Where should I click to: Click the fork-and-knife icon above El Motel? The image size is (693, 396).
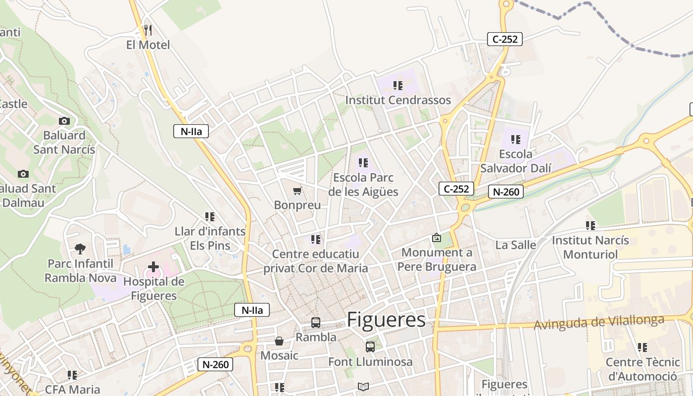[148, 30]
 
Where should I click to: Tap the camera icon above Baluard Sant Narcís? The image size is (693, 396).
[64, 121]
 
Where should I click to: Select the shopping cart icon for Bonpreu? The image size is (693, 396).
[297, 191]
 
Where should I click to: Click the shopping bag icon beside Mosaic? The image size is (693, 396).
[279, 341]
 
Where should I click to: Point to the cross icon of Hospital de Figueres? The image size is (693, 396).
[153, 267]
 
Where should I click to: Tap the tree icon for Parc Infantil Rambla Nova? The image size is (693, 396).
[80, 248]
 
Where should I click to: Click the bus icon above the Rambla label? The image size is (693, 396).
[316, 323]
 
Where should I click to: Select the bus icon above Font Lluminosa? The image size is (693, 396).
[370, 346]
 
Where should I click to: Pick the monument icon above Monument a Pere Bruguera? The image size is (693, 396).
[437, 238]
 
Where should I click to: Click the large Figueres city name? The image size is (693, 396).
[386, 320]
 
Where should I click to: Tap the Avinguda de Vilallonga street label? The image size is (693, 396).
[599, 323]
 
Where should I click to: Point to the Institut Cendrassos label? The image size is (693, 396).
[398, 100]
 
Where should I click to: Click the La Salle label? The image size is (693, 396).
[516, 245]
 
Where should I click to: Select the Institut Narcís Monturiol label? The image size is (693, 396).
[591, 247]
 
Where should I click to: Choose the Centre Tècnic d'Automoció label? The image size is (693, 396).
[643, 369]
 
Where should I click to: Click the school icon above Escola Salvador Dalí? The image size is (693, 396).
[516, 140]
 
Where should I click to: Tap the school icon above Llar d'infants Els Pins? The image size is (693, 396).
[210, 217]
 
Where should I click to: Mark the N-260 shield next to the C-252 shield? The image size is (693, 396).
[505, 192]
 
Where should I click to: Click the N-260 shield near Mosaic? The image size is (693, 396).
[215, 365]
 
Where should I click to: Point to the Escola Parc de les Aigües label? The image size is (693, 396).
[363, 185]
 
